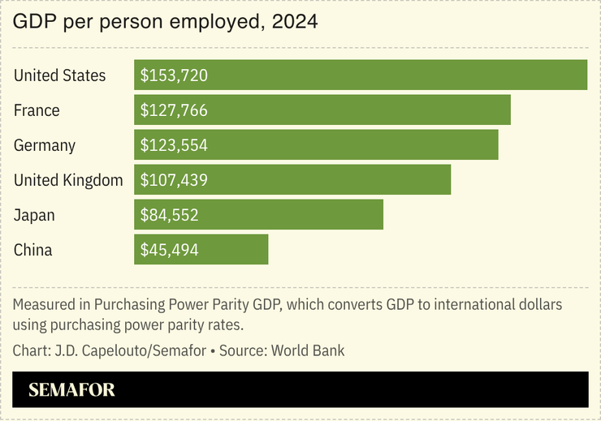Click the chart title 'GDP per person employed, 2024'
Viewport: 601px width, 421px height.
[x=165, y=23]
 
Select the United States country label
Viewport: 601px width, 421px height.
[x=60, y=75]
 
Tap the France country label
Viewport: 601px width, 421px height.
[x=37, y=110]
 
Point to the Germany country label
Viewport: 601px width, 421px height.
[x=45, y=145]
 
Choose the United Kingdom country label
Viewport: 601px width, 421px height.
[x=68, y=180]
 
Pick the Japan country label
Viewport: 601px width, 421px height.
[x=34, y=215]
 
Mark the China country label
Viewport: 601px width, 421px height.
[x=33, y=250]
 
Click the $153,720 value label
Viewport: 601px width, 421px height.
[x=174, y=75]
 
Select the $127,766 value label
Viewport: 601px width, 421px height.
[x=174, y=110]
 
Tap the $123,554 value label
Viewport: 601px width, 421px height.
[x=174, y=145]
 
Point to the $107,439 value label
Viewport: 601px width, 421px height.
[x=174, y=180]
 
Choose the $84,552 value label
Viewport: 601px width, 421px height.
[x=169, y=215]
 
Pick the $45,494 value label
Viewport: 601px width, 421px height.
[x=169, y=250]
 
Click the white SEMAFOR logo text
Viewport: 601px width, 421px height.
[x=71, y=390]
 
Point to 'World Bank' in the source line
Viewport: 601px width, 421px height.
[x=308, y=351]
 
